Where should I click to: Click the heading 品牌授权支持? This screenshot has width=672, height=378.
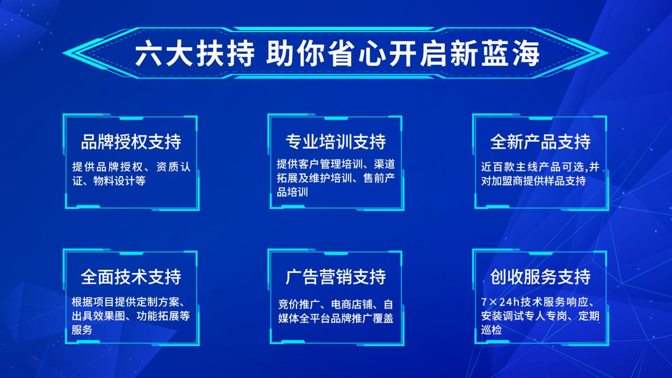[131, 142]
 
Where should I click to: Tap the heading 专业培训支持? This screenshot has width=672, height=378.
[336, 142]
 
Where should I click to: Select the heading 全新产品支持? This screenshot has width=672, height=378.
[540, 142]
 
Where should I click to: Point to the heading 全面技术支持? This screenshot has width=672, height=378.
[131, 277]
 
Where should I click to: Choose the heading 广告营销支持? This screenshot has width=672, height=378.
[336, 277]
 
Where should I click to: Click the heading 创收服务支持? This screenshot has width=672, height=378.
[540, 277]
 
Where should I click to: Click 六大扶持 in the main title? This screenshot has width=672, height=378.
[195, 54]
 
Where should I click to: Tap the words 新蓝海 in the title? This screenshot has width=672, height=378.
[495, 54]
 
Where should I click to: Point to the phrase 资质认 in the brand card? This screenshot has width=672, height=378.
[173, 167]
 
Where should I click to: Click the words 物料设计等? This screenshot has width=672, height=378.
[119, 181]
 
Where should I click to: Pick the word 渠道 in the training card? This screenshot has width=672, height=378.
[385, 164]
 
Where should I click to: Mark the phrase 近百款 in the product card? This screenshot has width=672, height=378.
[497, 167]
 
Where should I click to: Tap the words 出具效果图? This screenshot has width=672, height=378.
[99, 316]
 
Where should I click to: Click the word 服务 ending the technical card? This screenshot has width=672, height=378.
[82, 330]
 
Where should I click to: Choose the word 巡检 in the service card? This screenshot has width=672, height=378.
[491, 330]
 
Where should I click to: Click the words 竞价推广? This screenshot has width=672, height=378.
[299, 304]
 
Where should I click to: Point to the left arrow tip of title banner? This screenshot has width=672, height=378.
[63, 53]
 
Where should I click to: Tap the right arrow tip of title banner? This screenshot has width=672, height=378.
[608, 53]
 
